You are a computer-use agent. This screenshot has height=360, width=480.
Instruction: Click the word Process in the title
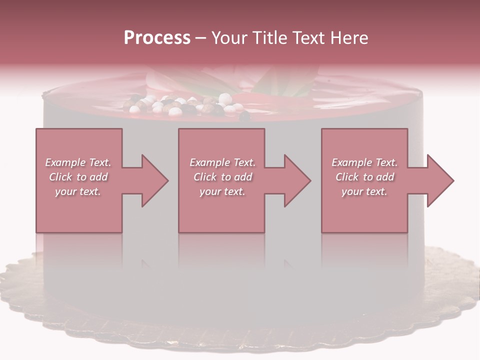point(157,38)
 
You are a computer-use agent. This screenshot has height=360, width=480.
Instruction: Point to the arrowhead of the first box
point(152,180)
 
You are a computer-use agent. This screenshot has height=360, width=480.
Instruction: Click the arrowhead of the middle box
point(295,180)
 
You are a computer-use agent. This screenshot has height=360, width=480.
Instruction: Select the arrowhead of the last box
point(437,180)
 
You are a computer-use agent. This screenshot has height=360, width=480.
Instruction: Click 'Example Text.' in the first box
point(78,162)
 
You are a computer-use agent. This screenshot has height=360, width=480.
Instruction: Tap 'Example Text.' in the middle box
point(222,162)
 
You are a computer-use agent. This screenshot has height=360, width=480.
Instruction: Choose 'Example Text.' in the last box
point(364,162)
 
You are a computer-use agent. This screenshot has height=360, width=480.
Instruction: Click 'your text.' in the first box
point(78,191)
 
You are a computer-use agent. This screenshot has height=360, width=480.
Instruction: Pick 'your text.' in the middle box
point(222,191)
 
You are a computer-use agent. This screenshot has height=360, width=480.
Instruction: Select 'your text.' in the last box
point(364,191)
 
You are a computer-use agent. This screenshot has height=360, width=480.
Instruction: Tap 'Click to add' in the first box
point(78,177)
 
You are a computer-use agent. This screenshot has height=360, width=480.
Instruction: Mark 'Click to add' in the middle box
point(222,177)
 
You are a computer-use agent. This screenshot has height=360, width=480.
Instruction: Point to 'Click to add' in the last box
point(364,177)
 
